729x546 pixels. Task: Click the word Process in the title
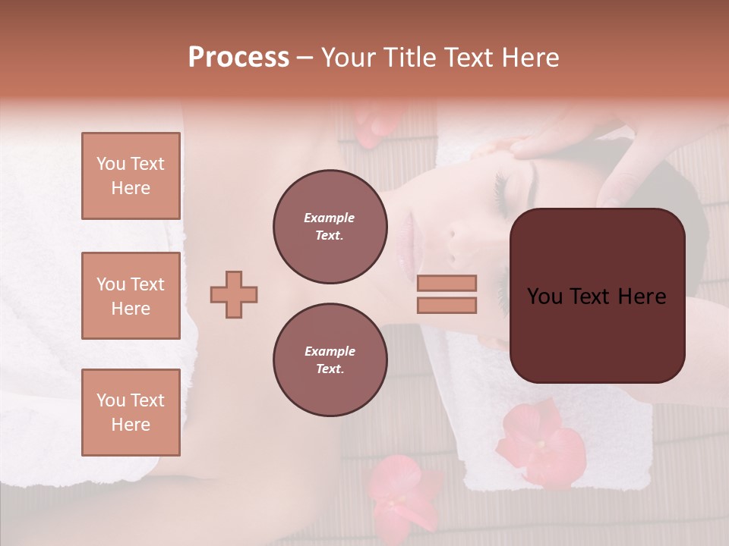[238, 58]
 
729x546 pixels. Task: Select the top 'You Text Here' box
[131, 176]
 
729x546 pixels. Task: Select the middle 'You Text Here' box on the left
[131, 296]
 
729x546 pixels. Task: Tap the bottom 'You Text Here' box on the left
[131, 412]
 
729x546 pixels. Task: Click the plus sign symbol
[234, 294]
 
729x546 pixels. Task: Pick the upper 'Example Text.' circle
[330, 226]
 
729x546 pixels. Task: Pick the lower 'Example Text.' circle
[330, 359]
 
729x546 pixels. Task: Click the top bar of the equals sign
[447, 283]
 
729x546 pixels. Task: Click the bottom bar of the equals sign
[447, 305]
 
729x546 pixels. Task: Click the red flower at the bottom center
[402, 489]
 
